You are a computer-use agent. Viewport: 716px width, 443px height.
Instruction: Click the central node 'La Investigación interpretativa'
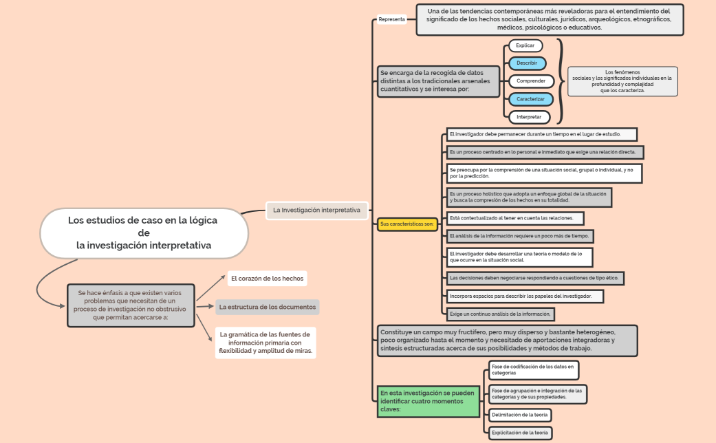(316, 210)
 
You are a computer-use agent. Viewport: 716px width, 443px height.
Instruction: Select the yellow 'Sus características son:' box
(407, 224)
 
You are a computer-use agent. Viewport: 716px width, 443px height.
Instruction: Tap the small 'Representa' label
(392, 19)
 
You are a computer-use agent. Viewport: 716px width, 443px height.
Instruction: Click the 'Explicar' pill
(525, 45)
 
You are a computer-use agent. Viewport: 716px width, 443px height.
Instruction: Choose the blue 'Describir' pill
(527, 63)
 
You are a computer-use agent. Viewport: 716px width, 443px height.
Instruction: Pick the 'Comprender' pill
(531, 81)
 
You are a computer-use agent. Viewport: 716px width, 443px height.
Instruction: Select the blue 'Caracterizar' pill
(530, 99)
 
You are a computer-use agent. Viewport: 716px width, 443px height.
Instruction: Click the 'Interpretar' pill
(529, 117)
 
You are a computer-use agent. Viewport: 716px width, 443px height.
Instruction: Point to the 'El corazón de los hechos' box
(266, 279)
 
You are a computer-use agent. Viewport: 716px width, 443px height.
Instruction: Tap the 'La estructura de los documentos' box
(267, 307)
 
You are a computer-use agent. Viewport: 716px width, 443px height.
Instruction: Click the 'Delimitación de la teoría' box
(520, 415)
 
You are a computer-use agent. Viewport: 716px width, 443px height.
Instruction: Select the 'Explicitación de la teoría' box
(520, 433)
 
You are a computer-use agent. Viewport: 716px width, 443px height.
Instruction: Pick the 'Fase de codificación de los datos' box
(533, 370)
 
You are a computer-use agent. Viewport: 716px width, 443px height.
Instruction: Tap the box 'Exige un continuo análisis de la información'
(500, 314)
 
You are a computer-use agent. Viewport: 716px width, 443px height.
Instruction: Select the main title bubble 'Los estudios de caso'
(143, 233)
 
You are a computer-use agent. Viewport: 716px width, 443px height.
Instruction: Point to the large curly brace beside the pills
(560, 81)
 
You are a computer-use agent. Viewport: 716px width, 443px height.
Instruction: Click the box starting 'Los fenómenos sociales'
(622, 81)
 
